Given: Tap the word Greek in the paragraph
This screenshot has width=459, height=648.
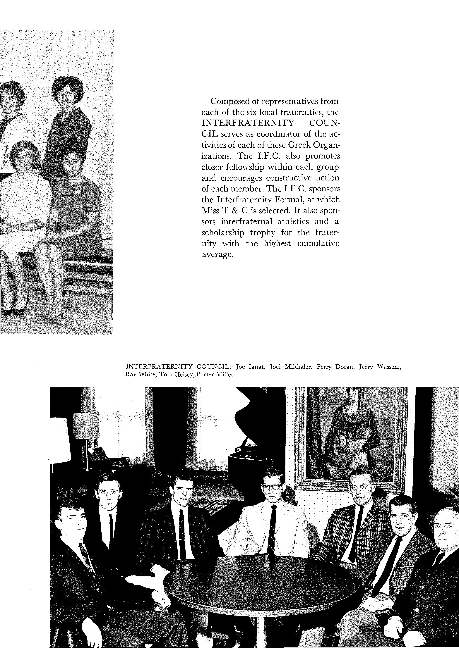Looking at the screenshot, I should click(x=295, y=145).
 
